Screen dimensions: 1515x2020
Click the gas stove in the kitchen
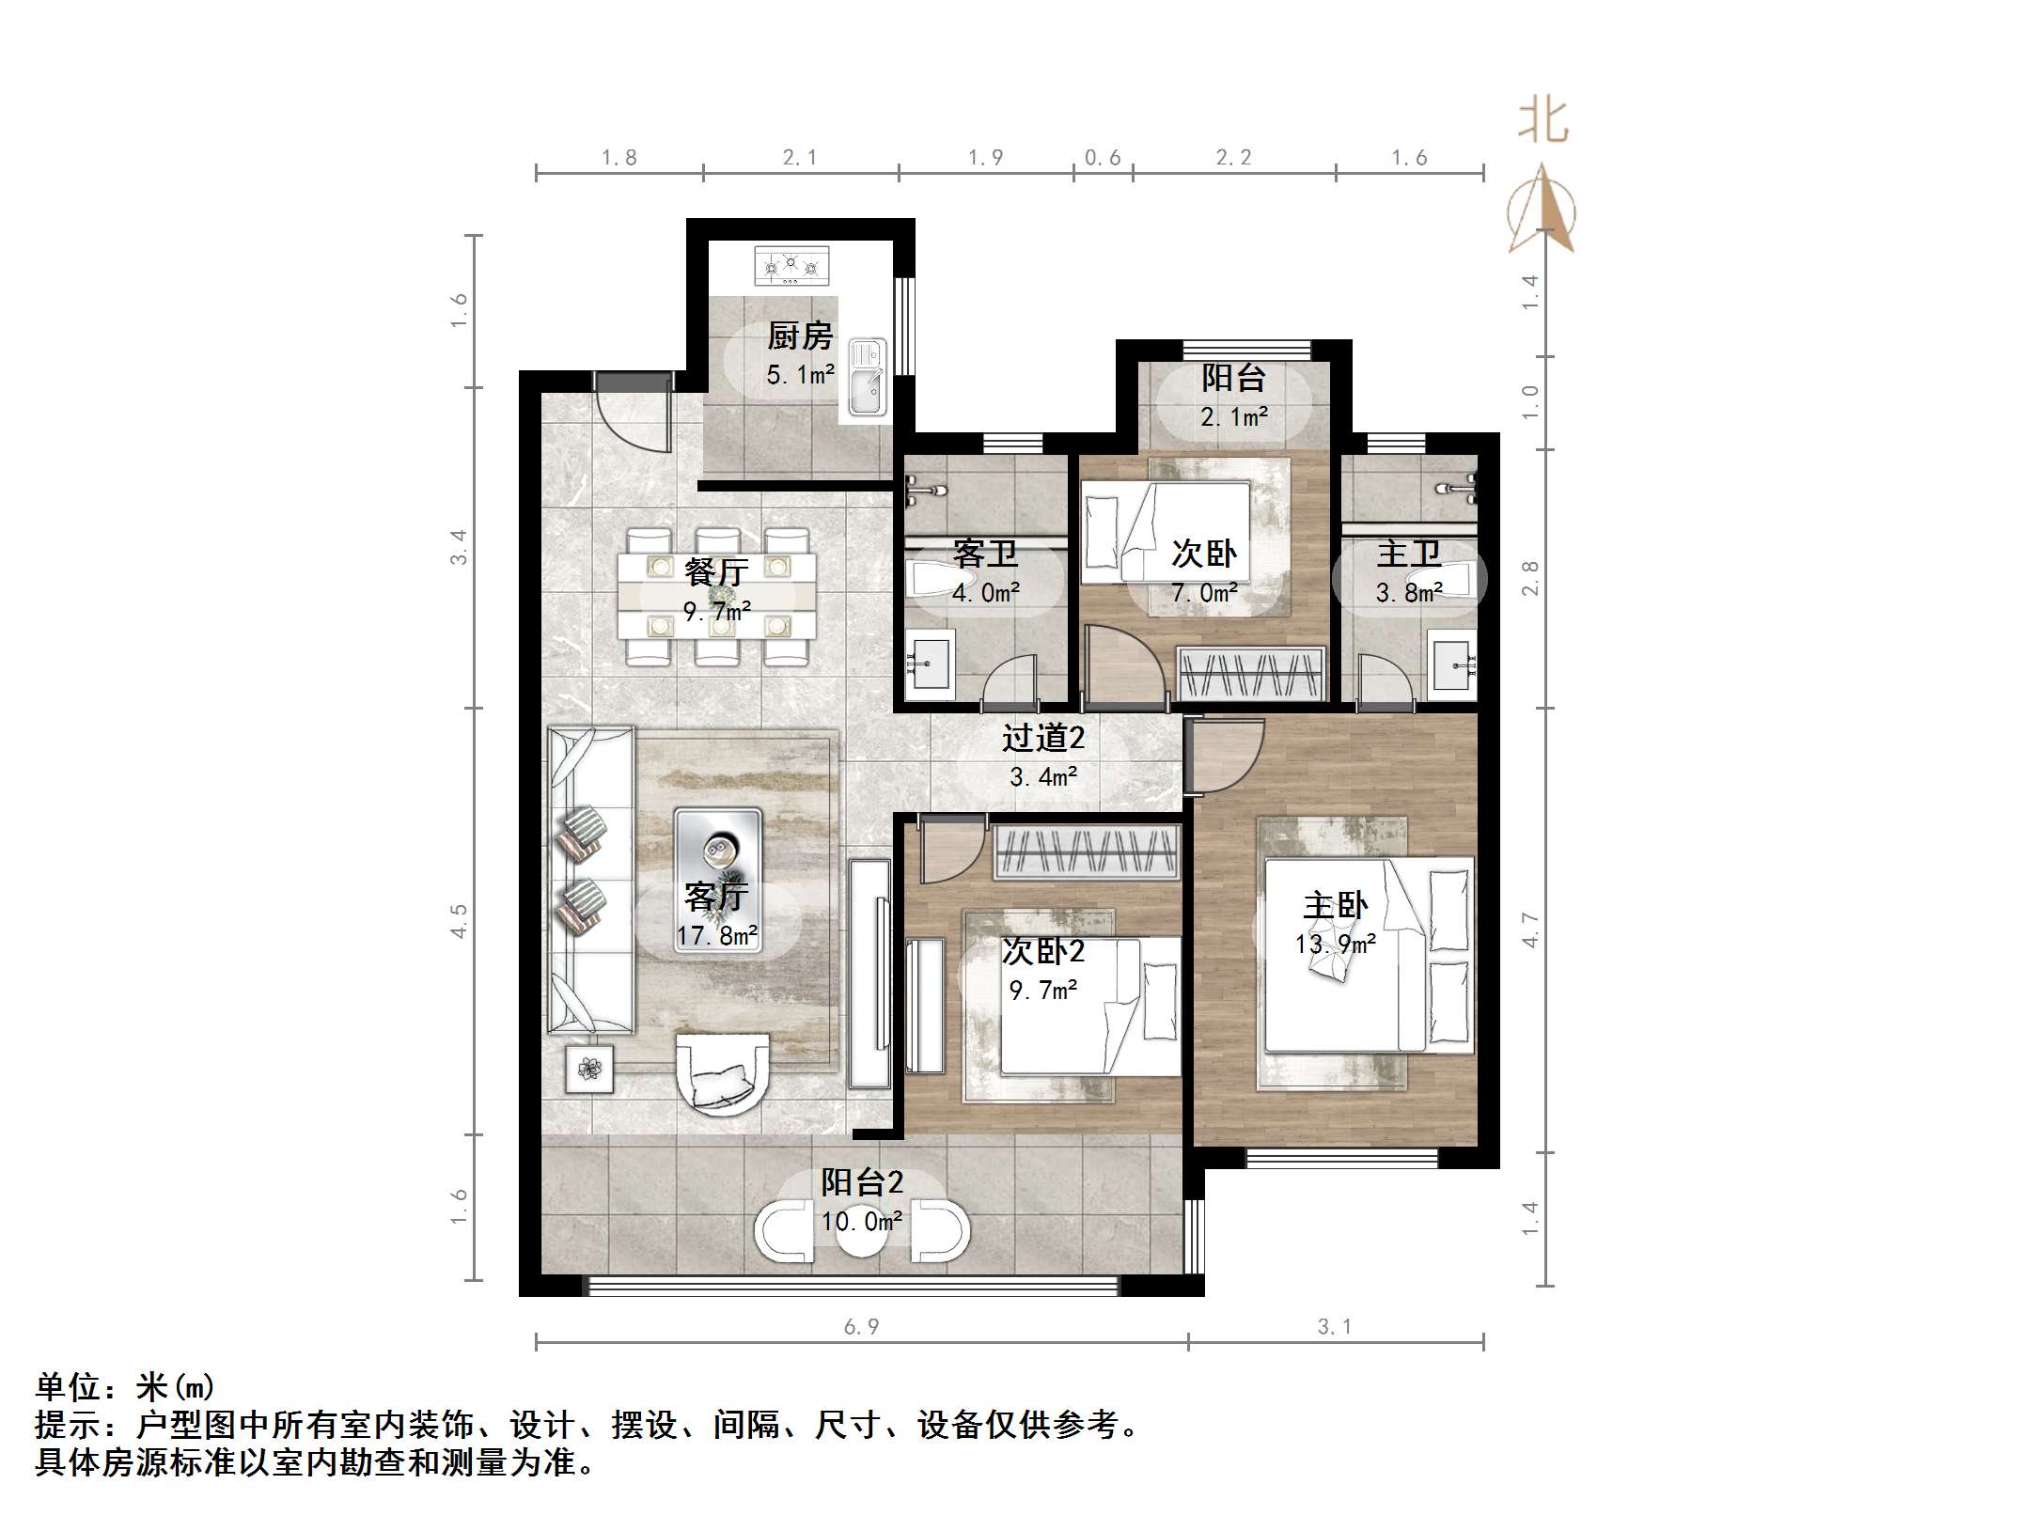coord(791,266)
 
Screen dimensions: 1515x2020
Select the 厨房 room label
coord(800,336)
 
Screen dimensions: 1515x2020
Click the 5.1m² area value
coord(800,375)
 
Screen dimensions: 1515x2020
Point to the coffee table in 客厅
coord(718,853)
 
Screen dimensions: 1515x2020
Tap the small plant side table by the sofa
coord(590,1069)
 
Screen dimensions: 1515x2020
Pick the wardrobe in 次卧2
coord(1087,851)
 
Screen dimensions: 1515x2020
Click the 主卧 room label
coord(1335,906)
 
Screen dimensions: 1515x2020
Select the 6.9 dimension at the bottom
coord(861,1326)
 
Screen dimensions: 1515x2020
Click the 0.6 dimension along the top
coord(1103,158)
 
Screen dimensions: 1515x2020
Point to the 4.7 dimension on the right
coord(1530,929)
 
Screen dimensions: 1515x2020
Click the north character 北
coord(1542,122)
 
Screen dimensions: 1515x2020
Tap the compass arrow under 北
coord(1542,210)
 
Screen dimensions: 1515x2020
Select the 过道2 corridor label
coord(1042,738)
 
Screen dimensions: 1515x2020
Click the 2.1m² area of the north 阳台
coord(1233,416)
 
